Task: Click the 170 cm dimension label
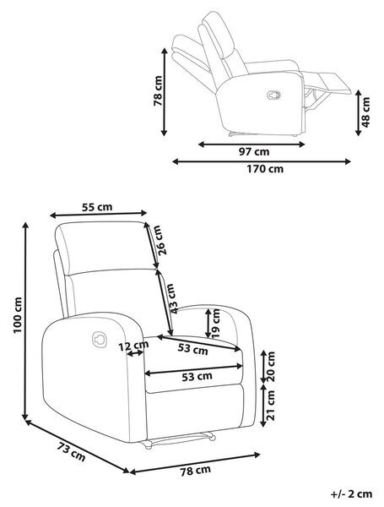pos(265,169)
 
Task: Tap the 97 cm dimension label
pos(254,151)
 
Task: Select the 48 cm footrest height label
pos(365,112)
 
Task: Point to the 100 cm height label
pos(18,315)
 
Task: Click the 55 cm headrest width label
pos(97,207)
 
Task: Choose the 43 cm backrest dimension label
pos(171,298)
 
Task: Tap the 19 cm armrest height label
pos(216,324)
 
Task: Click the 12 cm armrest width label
pos(133,346)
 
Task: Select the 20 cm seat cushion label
pos(271,367)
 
